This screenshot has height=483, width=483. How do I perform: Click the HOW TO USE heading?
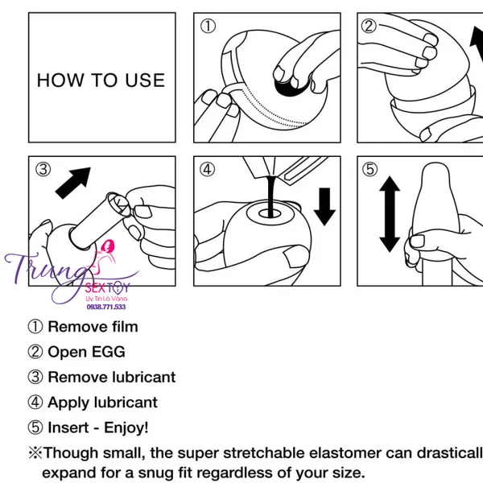101,80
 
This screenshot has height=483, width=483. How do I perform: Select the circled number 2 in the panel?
369,27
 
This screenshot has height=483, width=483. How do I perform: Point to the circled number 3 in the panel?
43,169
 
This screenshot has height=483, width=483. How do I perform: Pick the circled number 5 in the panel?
369,169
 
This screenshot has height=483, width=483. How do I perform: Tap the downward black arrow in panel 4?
325,207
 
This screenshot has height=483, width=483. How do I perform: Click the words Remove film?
93,327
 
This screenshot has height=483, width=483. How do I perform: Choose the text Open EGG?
86,352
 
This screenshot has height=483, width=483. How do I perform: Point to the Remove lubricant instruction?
111,377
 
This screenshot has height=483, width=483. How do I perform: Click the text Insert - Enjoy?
98,427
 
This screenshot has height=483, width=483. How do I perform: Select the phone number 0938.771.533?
106,307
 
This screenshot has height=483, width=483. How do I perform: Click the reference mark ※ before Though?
35,453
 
